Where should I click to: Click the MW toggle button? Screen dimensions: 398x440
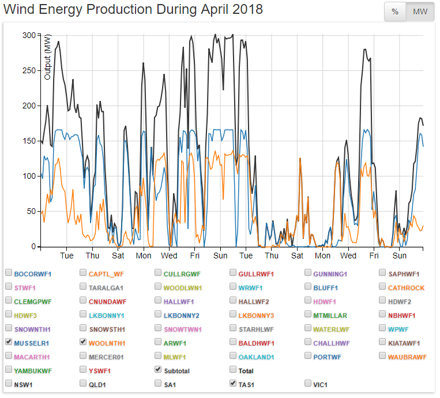[x=420, y=12]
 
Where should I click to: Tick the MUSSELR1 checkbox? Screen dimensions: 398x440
[x=9, y=342]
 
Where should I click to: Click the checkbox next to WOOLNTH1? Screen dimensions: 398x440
[x=84, y=342]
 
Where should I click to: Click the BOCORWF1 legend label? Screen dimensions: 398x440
[x=33, y=273]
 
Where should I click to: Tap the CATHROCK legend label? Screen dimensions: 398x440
[x=406, y=287]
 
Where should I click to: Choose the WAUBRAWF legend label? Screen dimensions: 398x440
[x=407, y=357]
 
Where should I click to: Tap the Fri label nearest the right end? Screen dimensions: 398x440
[x=374, y=256]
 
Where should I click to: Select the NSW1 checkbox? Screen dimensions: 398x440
[x=9, y=383]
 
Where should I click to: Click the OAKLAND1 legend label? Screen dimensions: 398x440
[x=256, y=357]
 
